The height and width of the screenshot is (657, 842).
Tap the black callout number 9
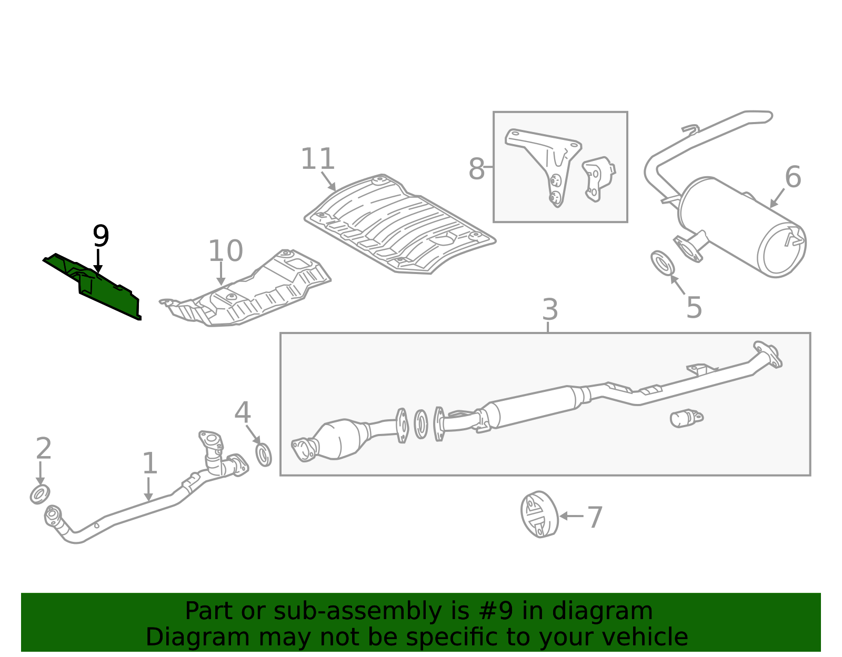(x=101, y=236)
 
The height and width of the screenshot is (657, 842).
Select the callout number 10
(x=226, y=251)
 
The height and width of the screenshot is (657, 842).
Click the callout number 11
(x=317, y=159)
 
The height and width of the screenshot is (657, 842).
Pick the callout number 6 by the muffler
(x=793, y=177)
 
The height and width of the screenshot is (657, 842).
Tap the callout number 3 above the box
(x=550, y=309)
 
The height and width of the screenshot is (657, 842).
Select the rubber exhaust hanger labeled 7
(x=539, y=514)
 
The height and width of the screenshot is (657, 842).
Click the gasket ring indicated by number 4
(x=264, y=456)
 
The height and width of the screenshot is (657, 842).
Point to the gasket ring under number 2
(x=40, y=494)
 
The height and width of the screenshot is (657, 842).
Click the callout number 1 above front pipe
(x=150, y=463)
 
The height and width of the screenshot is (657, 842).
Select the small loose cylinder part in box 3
(x=686, y=419)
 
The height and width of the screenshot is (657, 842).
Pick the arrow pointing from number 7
(x=572, y=516)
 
